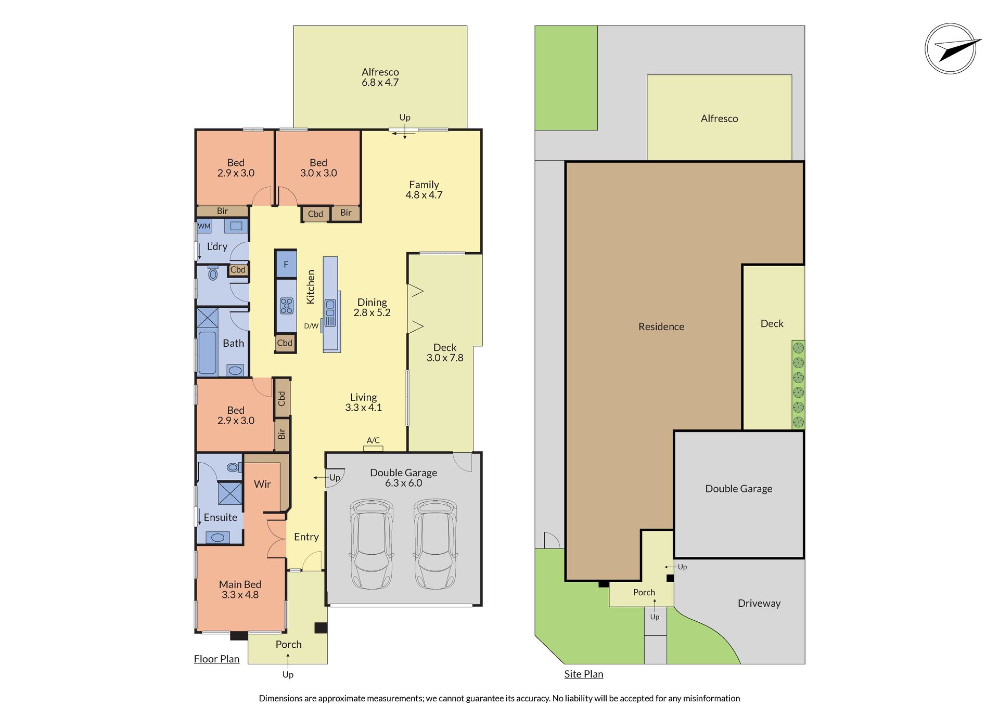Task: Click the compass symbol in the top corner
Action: (951, 49)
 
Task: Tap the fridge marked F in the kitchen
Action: (286, 264)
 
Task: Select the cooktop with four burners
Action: (287, 306)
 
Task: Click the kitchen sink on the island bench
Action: (330, 313)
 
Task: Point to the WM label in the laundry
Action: (204, 226)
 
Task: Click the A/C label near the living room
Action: (373, 440)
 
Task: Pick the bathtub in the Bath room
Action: (207, 352)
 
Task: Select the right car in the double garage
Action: (436, 544)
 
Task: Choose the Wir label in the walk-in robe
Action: (262, 484)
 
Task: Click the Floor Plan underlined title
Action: (216, 659)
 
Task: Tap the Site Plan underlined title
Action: (584, 674)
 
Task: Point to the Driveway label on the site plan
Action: (759, 604)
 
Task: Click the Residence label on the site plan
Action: (661, 326)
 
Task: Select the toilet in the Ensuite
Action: (234, 467)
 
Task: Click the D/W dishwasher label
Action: (311, 326)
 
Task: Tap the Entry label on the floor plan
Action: (306, 537)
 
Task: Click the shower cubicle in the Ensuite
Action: (230, 493)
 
